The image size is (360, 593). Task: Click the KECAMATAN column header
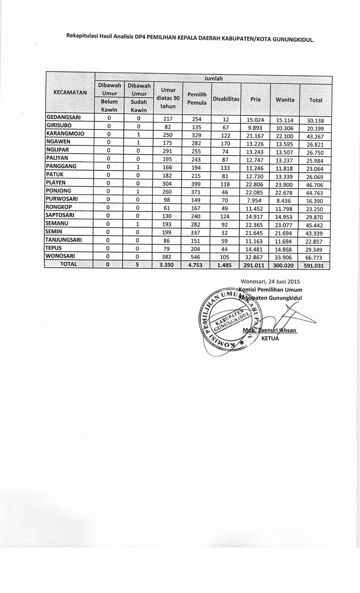pos(70,93)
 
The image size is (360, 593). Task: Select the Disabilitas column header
pos(226,99)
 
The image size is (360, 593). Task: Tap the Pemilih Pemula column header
pos(197,99)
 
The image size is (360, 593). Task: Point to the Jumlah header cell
pos(214,78)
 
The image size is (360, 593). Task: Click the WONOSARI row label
pos(60,256)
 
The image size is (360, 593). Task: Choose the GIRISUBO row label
pos(59,125)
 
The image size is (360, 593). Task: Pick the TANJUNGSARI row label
pos(63,239)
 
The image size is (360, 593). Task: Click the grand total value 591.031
pos(314,265)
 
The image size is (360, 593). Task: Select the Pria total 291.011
pos(254,265)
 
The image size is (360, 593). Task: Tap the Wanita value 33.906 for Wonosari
pos(284,257)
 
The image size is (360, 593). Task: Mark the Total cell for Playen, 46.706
pos(314,185)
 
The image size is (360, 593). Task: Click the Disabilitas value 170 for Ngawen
pos(225,143)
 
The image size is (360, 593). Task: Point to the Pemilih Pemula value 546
pos(195,257)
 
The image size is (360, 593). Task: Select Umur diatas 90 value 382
pos(167,257)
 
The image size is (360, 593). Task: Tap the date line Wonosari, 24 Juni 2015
pos(270,281)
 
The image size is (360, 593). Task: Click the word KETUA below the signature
pos(270,338)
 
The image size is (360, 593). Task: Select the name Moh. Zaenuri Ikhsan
pos(270,330)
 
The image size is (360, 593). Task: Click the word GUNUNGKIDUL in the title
pos(293,39)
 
